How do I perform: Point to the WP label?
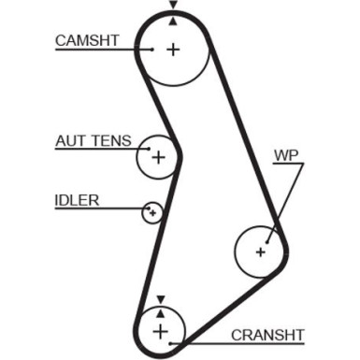[x=285, y=154]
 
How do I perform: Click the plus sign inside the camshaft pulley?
[x=172, y=49]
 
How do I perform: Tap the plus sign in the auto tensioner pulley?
[x=158, y=157]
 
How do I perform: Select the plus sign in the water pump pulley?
[x=260, y=251]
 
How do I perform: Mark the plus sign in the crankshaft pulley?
[x=161, y=331]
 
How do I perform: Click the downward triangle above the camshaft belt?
[x=172, y=6]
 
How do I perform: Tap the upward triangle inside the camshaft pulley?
[x=172, y=22]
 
